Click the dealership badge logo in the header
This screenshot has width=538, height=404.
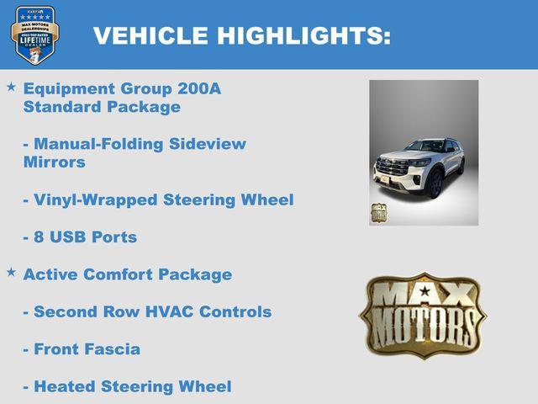coord(34,35)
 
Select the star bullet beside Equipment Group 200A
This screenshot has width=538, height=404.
coord(11,87)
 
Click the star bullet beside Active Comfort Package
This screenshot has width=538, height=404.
coord(11,272)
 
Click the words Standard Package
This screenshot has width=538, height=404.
coord(102,107)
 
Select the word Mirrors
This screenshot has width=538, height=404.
coord(55,162)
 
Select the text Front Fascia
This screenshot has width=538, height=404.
coord(87,348)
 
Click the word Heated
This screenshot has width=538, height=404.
coord(65,386)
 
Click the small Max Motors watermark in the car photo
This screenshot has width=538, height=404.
coord(379,212)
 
